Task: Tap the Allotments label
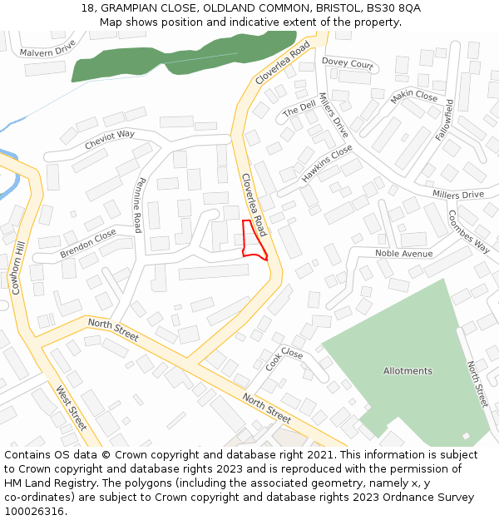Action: click(408, 371)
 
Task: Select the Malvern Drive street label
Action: click(47, 47)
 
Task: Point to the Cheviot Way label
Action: click(109, 139)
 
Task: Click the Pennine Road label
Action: click(139, 205)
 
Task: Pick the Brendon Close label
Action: click(88, 242)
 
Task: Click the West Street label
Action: click(72, 407)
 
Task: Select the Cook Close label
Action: click(284, 359)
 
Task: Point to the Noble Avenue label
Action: click(403, 254)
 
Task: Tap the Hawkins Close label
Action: click(327, 163)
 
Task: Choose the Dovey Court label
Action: click(348, 63)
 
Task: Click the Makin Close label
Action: click(414, 97)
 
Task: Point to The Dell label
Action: click(299, 108)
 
